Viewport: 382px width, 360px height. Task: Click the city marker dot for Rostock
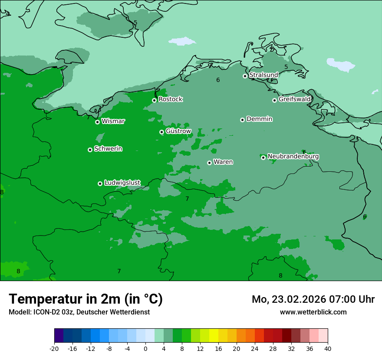point(154,100)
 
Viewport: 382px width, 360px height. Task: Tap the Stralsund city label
point(263,75)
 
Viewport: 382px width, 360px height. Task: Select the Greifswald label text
point(294,99)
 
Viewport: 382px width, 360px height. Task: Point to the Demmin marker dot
point(242,120)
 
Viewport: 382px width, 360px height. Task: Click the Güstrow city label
point(178,131)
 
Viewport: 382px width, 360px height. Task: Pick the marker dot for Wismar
point(97,122)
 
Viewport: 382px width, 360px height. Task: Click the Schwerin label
point(108,149)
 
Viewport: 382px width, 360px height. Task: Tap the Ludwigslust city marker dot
point(100,183)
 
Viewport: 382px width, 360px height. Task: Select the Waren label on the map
point(223,162)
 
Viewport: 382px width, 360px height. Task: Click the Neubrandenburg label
point(293,157)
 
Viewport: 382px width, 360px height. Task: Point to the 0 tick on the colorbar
point(145,349)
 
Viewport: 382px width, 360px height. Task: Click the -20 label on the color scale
point(54,349)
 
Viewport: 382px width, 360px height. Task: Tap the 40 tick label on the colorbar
point(328,349)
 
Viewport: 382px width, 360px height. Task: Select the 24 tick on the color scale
point(255,349)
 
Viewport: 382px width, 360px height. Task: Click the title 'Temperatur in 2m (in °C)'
point(86,299)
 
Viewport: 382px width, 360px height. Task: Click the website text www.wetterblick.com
point(313,312)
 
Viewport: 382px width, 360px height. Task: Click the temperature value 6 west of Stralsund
point(218,80)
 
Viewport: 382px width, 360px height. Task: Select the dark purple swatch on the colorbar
point(59,336)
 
